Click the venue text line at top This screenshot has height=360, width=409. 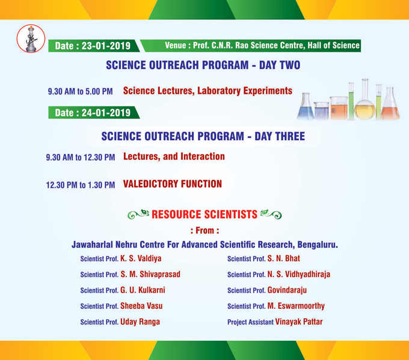[x=262, y=45]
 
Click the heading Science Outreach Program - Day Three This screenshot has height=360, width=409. [x=203, y=137]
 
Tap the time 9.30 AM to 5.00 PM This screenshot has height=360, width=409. [x=80, y=92]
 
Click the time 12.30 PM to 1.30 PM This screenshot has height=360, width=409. [x=81, y=185]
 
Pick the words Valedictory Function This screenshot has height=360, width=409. [x=172, y=184]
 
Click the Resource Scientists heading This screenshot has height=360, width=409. [x=203, y=213]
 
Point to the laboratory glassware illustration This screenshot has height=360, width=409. [x=349, y=100]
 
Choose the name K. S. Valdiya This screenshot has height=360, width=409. [x=141, y=258]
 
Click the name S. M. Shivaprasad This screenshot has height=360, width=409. [x=150, y=274]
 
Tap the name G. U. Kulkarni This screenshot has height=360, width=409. [x=143, y=290]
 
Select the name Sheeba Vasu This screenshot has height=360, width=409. [x=141, y=306]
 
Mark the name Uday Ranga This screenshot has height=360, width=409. [x=140, y=322]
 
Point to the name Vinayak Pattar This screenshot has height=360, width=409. [x=298, y=322]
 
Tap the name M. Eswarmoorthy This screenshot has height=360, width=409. [x=296, y=306]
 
